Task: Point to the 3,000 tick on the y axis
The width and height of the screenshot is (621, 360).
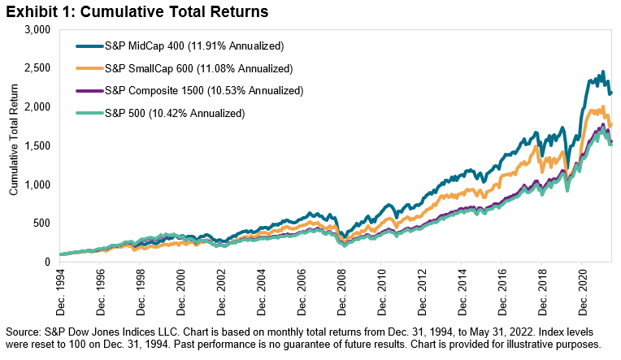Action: click(x=37, y=29)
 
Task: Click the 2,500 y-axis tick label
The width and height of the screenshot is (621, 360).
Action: click(x=37, y=68)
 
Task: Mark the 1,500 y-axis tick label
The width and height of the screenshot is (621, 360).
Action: click(x=37, y=145)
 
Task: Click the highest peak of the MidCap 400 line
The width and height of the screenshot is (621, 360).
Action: click(x=602, y=72)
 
